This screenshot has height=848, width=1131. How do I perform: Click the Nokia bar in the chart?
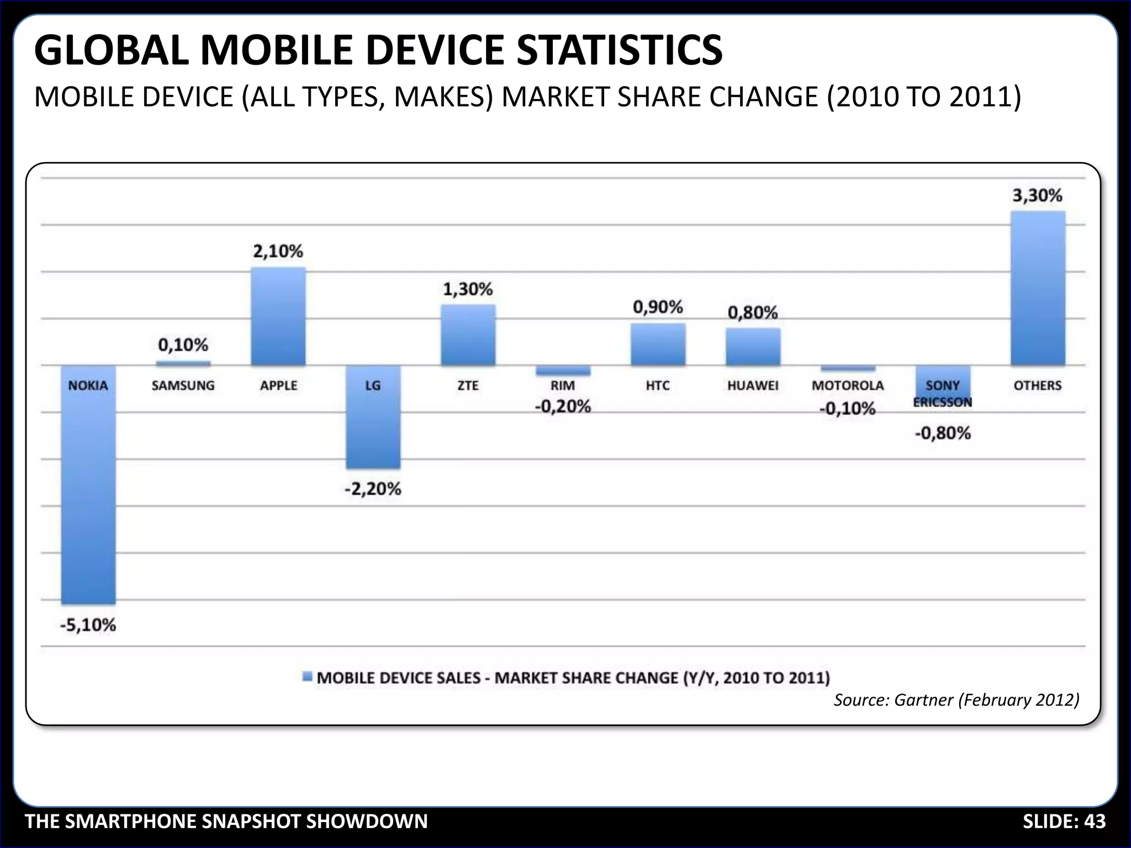pos(88,497)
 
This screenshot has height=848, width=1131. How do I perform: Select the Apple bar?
pos(278,317)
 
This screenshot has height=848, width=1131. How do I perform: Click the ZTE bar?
pos(468,335)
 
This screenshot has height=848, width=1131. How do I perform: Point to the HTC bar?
pos(658,344)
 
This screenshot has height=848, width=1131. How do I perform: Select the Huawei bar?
pos(753,347)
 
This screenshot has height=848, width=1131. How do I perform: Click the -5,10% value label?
pos(88,626)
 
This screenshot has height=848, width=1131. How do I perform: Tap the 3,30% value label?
pos(1037,195)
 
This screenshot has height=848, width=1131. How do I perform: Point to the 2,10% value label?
pos(278,252)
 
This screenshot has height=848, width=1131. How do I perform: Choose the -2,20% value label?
pos(373,489)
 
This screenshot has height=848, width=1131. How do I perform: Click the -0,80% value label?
pos(943,433)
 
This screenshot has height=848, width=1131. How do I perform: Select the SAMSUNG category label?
pos(183,385)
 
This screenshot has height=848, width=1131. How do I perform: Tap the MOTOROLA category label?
pos(848,385)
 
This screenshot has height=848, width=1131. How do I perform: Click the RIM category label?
pos(563,385)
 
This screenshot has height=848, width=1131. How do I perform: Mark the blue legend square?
pos(308,677)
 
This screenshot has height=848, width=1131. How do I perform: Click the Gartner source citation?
pos(956,700)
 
